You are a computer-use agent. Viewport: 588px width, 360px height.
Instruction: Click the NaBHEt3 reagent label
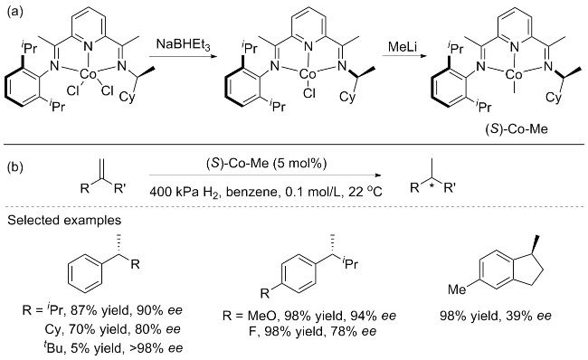coord(184,45)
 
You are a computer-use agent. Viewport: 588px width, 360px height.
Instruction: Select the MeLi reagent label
coord(403,46)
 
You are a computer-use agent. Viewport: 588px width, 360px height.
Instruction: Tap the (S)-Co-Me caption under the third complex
coord(516,128)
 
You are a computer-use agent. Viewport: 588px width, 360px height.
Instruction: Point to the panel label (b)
coord(15,166)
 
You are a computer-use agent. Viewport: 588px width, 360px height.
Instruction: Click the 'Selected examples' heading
coord(64,220)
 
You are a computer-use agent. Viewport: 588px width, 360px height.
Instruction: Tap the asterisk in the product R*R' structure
coord(431,187)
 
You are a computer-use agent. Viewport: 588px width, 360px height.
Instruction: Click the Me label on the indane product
coord(457,289)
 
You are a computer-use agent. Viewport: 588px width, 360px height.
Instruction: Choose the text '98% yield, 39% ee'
coord(496,316)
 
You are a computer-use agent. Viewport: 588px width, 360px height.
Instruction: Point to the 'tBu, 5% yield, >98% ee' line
coord(113,348)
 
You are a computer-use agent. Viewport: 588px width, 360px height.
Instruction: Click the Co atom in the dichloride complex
coord(89,75)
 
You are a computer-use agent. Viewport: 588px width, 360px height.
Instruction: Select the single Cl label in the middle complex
coord(309,92)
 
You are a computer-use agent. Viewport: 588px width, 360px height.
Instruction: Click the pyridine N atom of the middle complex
coord(308,46)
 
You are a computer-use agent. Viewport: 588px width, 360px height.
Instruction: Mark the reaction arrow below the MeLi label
coord(404,57)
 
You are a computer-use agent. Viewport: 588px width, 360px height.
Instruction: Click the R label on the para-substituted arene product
coord(265,293)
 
